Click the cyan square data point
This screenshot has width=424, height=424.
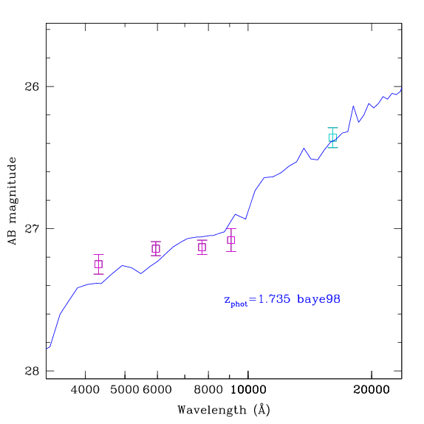332,137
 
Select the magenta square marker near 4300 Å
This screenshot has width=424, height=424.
98,264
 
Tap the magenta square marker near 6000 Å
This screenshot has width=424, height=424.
156,248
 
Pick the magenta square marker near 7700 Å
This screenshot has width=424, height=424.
202,247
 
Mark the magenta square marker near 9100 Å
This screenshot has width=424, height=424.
231,240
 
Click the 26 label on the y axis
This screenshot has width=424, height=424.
32,87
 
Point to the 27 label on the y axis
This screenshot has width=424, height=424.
32,229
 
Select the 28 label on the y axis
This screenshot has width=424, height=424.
32,371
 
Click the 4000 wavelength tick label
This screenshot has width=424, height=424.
85,390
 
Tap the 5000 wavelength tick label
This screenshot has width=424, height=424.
125,390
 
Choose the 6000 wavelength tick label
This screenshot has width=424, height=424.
157,390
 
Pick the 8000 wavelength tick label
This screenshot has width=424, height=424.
208,390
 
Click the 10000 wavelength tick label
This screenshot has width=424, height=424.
248,390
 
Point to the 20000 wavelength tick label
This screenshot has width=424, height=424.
372,390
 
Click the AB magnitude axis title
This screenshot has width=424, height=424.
13,201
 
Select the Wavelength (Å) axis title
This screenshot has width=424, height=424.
224,410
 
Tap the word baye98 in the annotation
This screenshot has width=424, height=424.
318,299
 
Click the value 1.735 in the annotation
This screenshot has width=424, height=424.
275,299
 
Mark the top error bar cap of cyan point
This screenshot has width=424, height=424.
332,128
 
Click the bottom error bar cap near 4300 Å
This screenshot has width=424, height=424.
98,274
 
